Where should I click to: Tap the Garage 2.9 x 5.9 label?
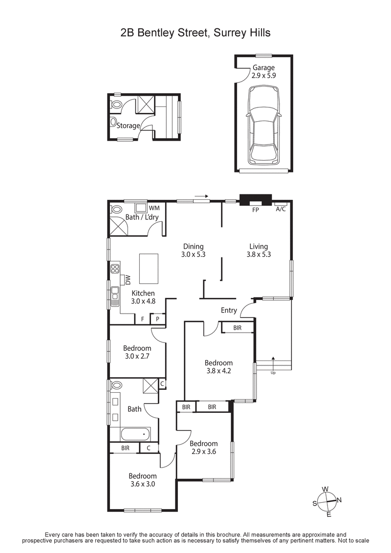[x=263, y=72]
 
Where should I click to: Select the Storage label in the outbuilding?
[x=128, y=126]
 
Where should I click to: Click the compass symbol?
[x=328, y=501]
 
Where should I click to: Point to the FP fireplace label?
[x=255, y=209]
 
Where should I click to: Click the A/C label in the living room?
[x=281, y=209]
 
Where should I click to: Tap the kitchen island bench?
[x=150, y=268]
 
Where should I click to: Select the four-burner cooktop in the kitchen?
[x=115, y=268]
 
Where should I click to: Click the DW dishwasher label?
[x=128, y=280]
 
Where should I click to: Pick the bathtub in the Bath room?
[x=130, y=434]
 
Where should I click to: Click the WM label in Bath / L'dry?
[x=154, y=208]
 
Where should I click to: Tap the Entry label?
[x=229, y=310]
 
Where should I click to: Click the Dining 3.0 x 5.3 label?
[x=193, y=250]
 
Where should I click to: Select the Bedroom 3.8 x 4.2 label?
[x=218, y=366]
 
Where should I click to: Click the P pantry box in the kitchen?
[x=158, y=319]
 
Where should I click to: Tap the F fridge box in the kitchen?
[x=142, y=319]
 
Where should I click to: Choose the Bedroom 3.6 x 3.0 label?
[x=143, y=480]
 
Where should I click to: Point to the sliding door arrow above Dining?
[x=201, y=197]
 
